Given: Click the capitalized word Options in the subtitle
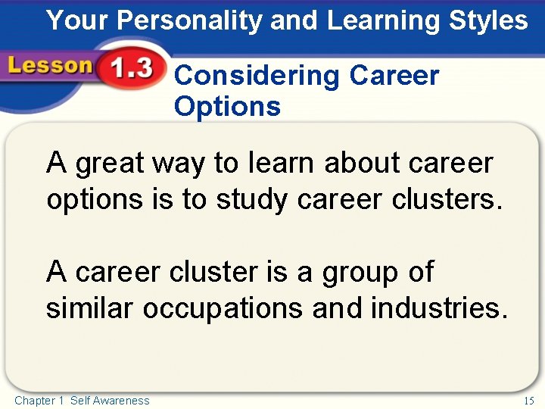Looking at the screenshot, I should coord(227,106).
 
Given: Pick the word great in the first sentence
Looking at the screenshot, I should coord(113,163).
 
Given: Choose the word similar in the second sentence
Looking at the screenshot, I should coord(90,308).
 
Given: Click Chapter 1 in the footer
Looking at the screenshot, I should coord(39,400).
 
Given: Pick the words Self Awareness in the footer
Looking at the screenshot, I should coord(110,400).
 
